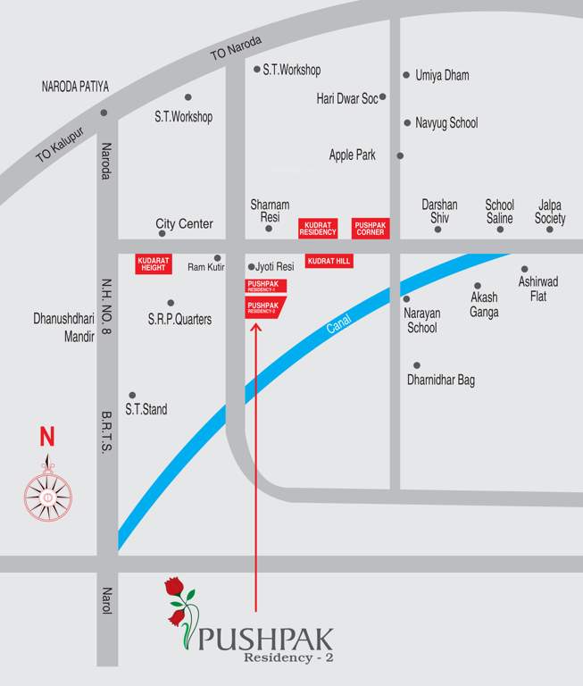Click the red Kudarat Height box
pos(154,264)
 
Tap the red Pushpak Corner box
pos(370,228)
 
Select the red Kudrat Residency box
pos(319,228)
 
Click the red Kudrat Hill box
pos(329,261)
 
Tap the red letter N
pos(46,438)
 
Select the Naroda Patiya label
pos(75,87)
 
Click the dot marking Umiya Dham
pos(406,75)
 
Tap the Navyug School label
pos(446,122)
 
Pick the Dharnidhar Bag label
pos(441,381)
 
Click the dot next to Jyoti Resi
pos(251,266)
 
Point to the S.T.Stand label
pos(146,410)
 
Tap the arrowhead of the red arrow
pos(256,327)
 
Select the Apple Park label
pos(353,155)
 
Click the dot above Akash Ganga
pos(478,286)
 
